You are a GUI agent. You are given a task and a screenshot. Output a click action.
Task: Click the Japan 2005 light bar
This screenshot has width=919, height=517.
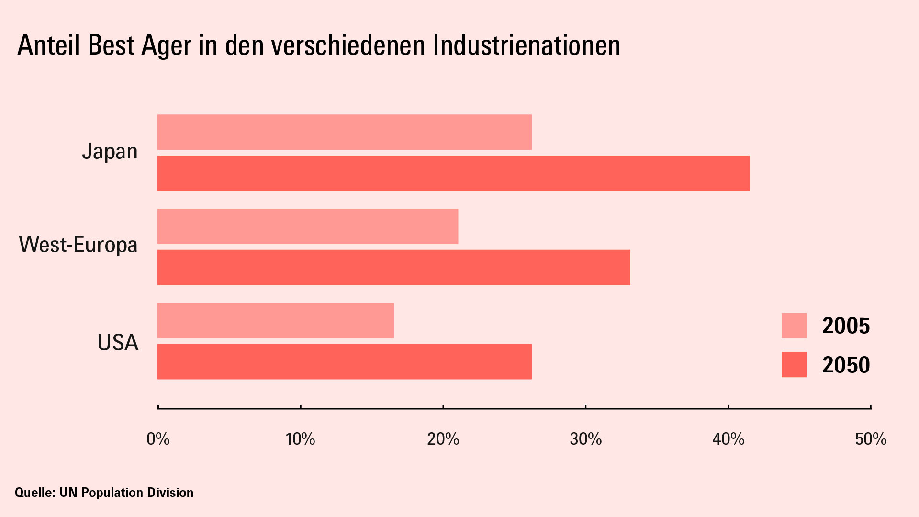[x=345, y=132]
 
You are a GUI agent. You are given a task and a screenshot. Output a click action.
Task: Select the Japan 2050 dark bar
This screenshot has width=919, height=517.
[x=453, y=173]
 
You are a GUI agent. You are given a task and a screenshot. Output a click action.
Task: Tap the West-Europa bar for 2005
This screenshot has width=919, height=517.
[x=308, y=226]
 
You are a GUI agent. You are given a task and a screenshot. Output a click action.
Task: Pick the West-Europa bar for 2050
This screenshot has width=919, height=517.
[x=393, y=268]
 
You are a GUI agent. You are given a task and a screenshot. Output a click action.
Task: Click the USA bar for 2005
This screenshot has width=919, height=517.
[x=276, y=321]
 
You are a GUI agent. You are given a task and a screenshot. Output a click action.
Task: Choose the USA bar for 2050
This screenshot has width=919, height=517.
[x=345, y=362]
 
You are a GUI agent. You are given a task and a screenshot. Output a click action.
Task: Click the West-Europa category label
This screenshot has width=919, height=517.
[x=78, y=245]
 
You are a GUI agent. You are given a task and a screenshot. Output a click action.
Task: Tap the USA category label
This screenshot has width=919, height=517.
[x=118, y=343]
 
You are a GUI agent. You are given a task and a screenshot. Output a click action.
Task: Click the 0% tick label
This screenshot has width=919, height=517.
[x=158, y=439]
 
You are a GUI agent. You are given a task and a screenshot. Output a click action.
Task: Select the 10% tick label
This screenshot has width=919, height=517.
[x=301, y=439]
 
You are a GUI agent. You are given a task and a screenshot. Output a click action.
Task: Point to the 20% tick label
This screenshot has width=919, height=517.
[x=443, y=439]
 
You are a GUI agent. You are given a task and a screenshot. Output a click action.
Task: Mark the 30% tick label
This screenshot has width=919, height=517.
[x=586, y=439]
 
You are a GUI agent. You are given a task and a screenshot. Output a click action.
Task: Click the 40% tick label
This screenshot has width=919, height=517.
[x=728, y=439]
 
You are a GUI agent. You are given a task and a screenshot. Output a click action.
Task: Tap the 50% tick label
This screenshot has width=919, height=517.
[x=871, y=439]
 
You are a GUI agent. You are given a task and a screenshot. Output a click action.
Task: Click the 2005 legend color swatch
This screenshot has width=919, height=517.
[x=794, y=326]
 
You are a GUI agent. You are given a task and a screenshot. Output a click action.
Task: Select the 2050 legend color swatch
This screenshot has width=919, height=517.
[x=794, y=365]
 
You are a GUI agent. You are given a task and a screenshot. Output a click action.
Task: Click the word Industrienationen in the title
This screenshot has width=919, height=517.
[x=527, y=45]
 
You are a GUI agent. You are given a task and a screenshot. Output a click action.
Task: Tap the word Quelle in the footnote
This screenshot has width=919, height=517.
[x=35, y=493]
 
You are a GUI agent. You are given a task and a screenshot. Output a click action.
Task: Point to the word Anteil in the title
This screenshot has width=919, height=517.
[x=49, y=45]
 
